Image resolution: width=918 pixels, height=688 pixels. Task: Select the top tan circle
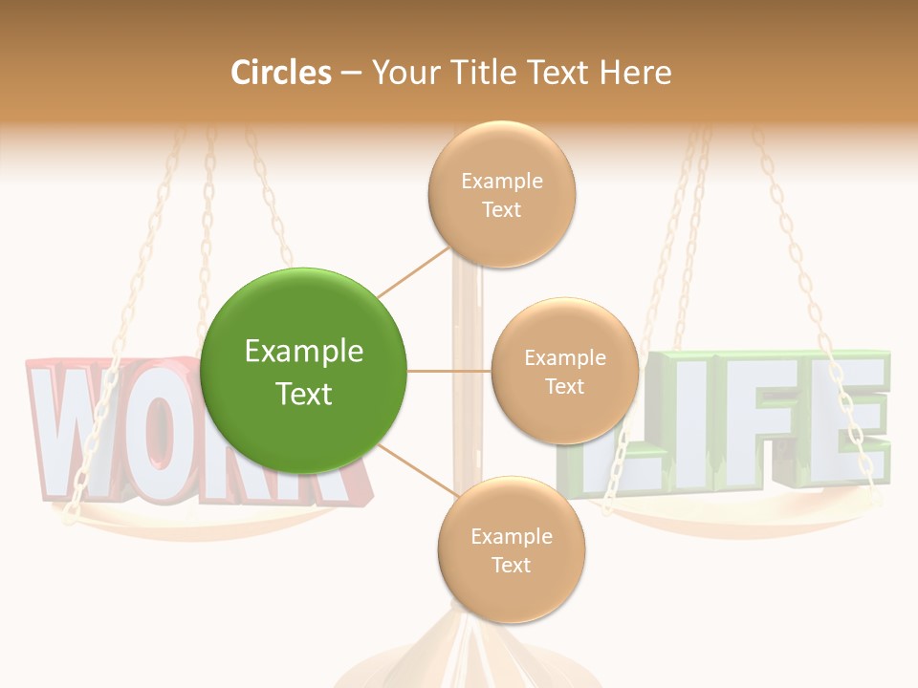pyautogui.click(x=501, y=195)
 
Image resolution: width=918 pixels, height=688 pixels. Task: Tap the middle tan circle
pyautogui.click(x=564, y=372)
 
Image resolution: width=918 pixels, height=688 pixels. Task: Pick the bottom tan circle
pyautogui.click(x=511, y=550)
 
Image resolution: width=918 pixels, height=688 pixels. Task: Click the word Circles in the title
pyautogui.click(x=281, y=73)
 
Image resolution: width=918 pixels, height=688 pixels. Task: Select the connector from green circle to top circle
pyautogui.click(x=413, y=270)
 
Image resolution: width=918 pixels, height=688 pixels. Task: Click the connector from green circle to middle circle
pyautogui.click(x=448, y=371)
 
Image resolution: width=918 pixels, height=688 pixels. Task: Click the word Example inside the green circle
pyautogui.click(x=303, y=352)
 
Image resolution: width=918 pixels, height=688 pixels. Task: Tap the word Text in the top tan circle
pyautogui.click(x=501, y=209)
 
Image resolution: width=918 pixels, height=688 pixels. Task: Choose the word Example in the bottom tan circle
pyautogui.click(x=511, y=536)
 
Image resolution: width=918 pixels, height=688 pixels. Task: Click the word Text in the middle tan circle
pyautogui.click(x=564, y=386)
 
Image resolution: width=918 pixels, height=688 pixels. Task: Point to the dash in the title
pyautogui.click(x=351, y=74)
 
